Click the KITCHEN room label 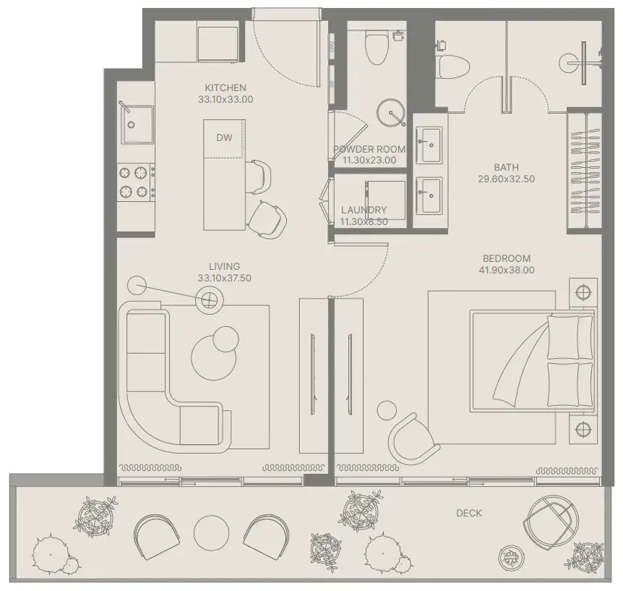click(x=225, y=88)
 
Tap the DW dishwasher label click(x=224, y=137)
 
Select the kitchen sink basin click(x=137, y=124)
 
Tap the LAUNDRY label click(x=364, y=210)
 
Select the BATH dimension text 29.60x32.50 click(x=506, y=179)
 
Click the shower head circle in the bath click(x=567, y=62)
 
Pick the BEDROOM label click(x=507, y=258)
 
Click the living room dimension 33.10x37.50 click(x=225, y=278)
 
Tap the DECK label click(x=469, y=513)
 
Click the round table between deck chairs click(x=211, y=532)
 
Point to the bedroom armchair click(x=413, y=438)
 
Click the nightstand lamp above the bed click(x=583, y=292)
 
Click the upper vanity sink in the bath click(x=429, y=145)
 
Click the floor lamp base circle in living click(x=137, y=286)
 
